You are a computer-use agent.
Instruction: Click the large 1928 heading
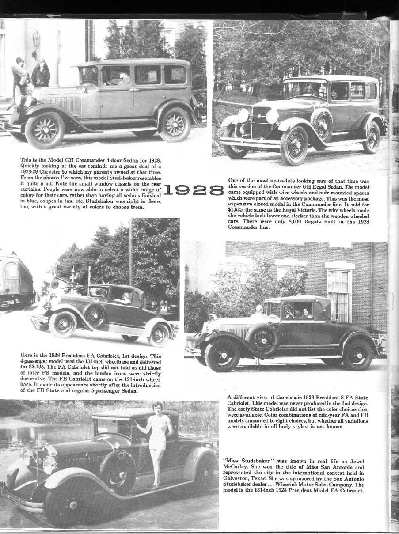click(194, 190)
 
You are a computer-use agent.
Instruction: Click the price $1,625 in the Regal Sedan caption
click(238, 210)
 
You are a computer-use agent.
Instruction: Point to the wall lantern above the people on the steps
click(36, 41)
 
